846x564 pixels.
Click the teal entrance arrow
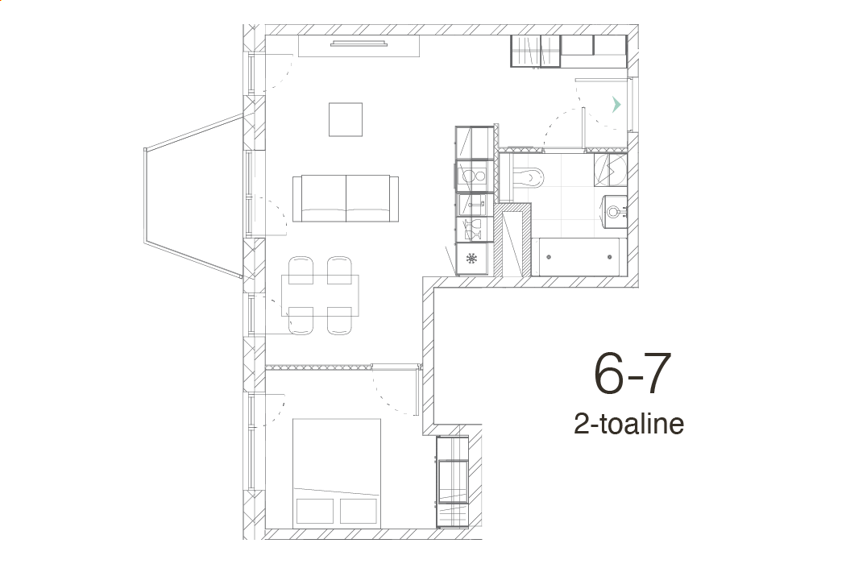(x=616, y=105)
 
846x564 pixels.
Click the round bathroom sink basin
(x=614, y=210)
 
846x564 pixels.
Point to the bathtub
(x=579, y=257)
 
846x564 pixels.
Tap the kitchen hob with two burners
(x=473, y=176)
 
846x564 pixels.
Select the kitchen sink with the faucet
(x=474, y=205)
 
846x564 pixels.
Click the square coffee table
(x=346, y=119)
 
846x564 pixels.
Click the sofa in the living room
(x=346, y=198)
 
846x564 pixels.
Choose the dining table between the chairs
(x=320, y=295)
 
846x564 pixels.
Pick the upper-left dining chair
(x=301, y=270)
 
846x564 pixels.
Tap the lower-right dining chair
(x=340, y=321)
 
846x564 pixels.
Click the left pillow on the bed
(x=315, y=511)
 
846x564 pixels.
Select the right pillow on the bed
(x=359, y=511)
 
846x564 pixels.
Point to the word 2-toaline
(x=629, y=424)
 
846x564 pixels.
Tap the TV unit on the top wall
(x=359, y=46)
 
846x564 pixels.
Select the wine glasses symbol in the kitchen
(x=474, y=229)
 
